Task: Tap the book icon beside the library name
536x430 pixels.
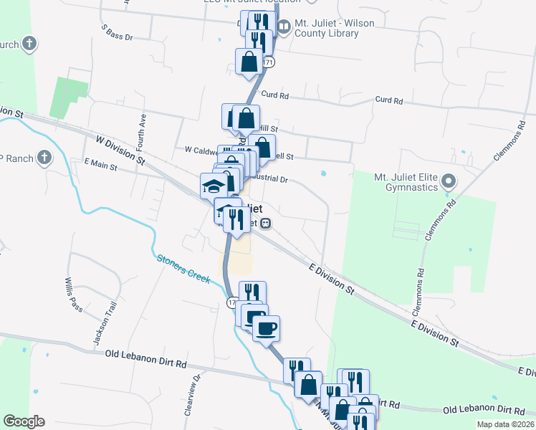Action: coord(284,28)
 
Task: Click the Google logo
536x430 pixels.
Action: coord(24,421)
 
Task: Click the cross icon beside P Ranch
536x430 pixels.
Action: coord(44,157)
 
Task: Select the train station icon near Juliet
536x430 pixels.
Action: coord(265,224)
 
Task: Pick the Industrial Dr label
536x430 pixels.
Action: coord(269,179)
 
